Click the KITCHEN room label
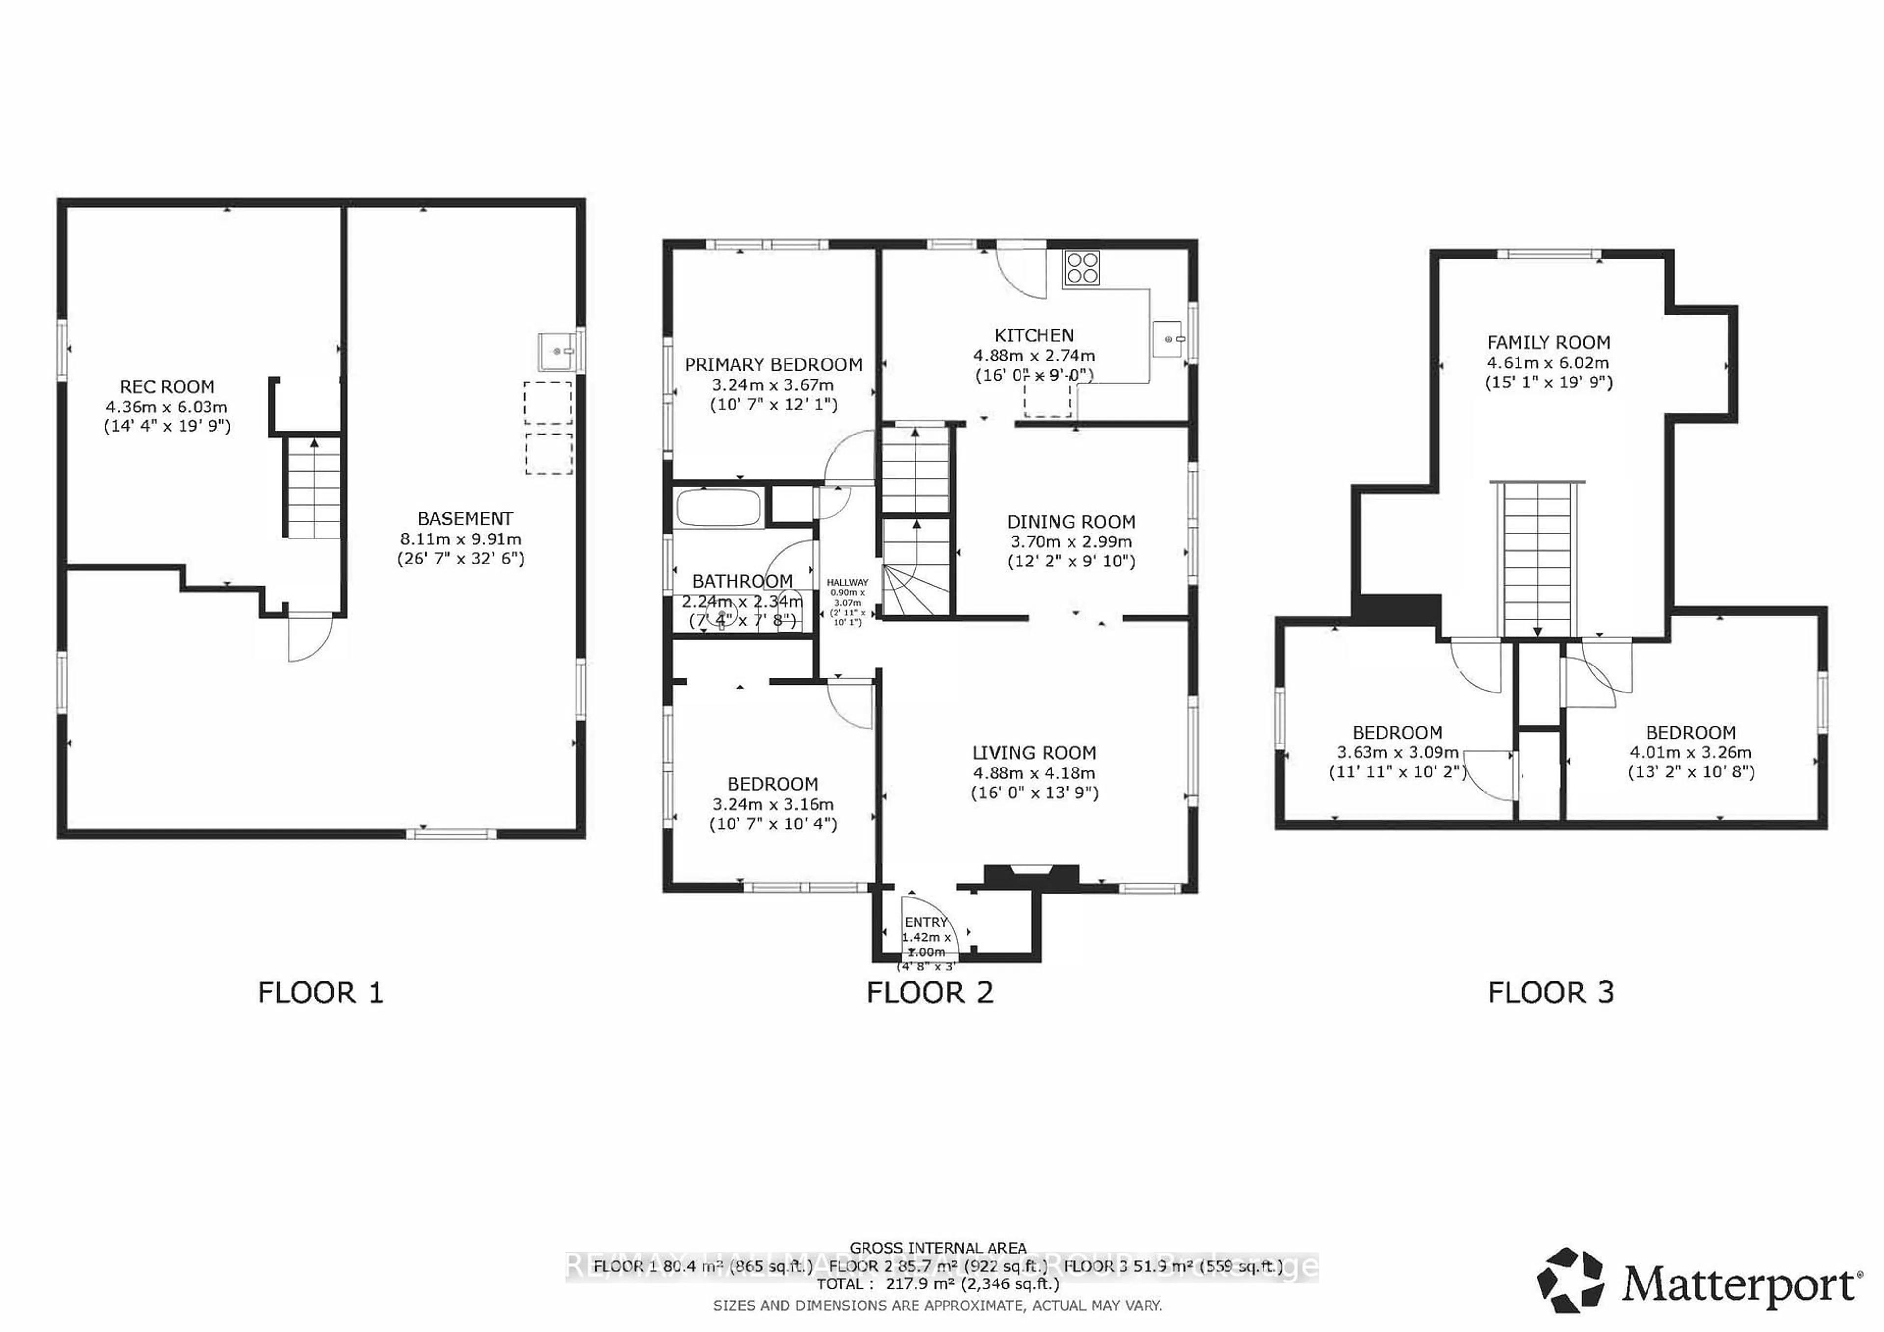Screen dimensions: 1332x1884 point(1034,335)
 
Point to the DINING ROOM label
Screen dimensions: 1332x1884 point(1071,522)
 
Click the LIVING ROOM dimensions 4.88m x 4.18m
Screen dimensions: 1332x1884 point(1034,772)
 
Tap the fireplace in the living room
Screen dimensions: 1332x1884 point(1031,876)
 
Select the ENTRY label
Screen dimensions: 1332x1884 point(926,922)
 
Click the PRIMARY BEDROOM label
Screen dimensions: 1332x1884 point(773,365)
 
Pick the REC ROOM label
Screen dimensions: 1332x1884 point(167,387)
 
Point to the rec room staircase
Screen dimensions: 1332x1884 point(313,487)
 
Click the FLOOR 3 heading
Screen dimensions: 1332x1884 point(1550,993)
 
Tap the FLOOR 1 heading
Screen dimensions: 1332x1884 point(320,993)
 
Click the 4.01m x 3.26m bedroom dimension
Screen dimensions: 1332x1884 point(1690,752)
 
